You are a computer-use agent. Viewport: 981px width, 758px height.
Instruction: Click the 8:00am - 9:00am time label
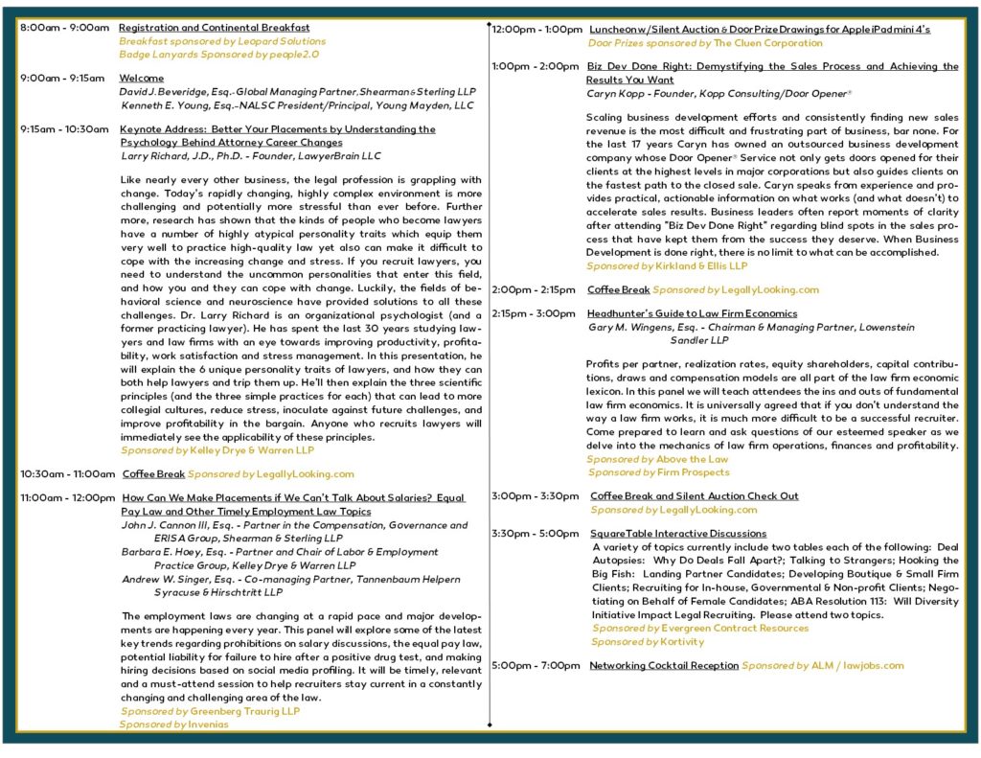click(x=64, y=28)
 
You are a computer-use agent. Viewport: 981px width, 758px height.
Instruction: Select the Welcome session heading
click(x=141, y=79)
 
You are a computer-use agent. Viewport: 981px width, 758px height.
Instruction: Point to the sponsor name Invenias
click(x=209, y=725)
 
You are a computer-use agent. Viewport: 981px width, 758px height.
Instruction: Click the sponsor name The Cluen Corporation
click(x=767, y=43)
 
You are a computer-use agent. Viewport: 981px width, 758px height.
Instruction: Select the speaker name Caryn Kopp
click(x=615, y=94)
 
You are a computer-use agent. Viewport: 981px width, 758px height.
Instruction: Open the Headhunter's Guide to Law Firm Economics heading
click(x=692, y=313)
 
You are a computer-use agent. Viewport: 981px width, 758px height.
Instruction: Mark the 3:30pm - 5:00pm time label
click(x=536, y=534)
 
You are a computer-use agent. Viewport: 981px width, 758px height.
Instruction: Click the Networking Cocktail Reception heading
click(x=664, y=666)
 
